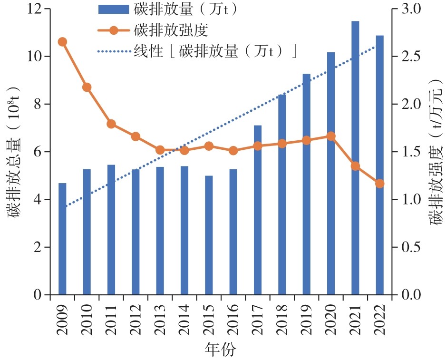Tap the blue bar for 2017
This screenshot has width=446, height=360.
[x=258, y=210]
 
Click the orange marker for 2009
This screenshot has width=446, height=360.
[x=62, y=42]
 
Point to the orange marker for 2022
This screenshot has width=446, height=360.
[x=379, y=184]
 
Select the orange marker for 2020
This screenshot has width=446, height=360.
[x=331, y=136]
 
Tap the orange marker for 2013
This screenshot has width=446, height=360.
[x=160, y=150]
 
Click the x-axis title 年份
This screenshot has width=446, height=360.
[x=221, y=350]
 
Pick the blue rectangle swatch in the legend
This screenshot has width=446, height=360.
[x=113, y=10]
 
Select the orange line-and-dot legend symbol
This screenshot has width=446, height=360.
[x=113, y=30]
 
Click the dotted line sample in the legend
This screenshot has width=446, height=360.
[x=113, y=51]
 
